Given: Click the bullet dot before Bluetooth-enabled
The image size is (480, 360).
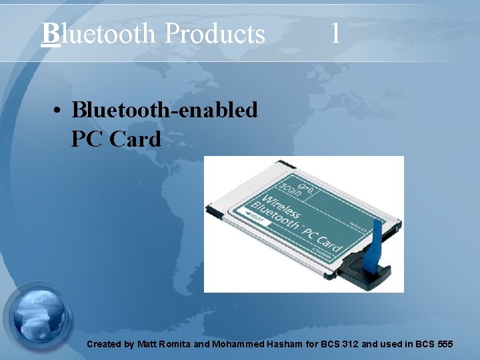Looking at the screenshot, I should tap(59, 110).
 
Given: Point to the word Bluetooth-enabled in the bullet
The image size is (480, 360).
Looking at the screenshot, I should tap(164, 109).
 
